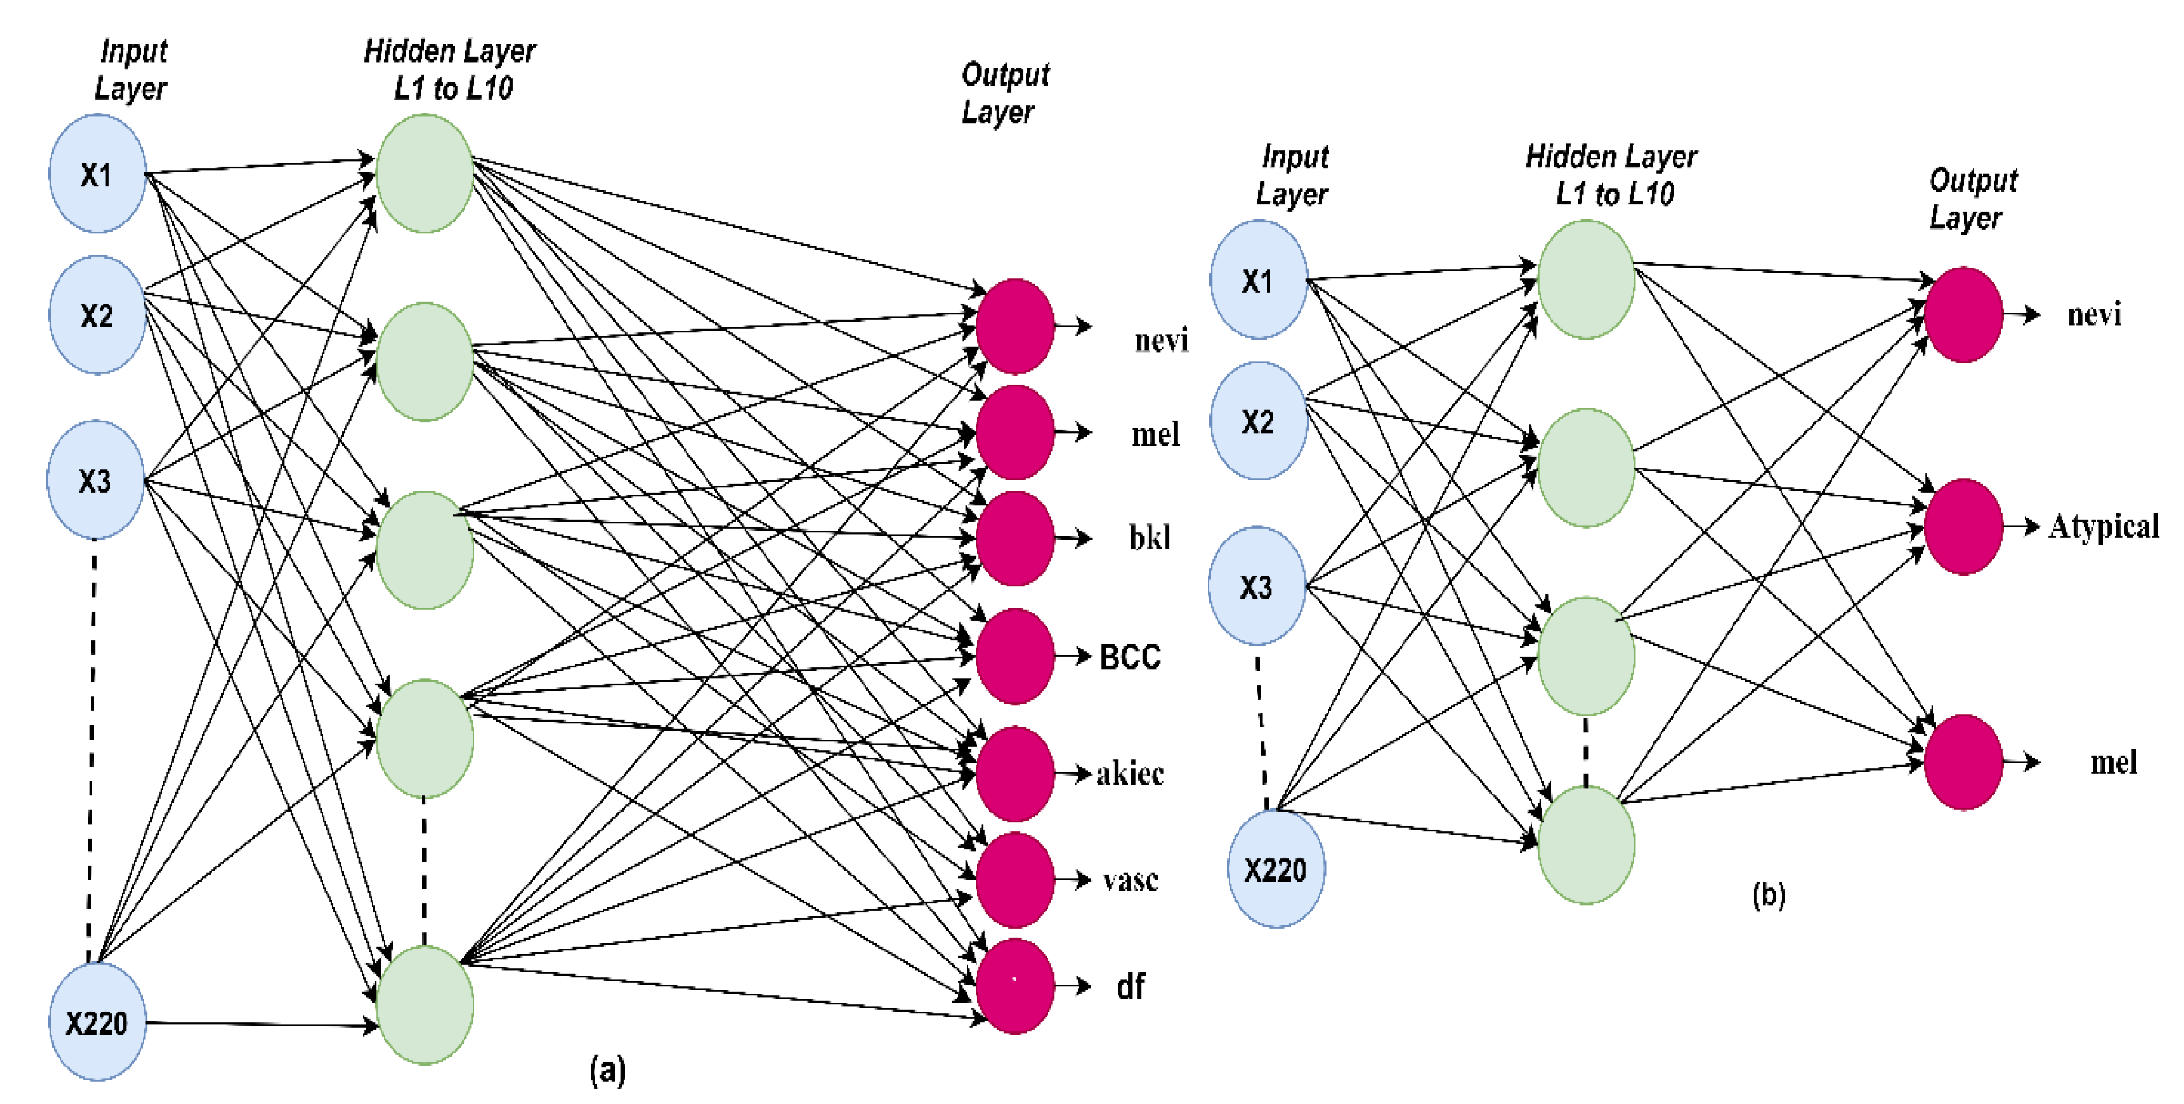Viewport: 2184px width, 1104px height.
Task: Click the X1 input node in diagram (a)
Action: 97,174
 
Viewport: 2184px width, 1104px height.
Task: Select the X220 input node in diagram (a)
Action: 97,1022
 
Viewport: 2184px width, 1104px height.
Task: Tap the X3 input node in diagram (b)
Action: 1256,586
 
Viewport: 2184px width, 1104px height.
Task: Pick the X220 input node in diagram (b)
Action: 1275,869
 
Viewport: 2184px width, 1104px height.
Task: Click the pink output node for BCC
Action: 1014,656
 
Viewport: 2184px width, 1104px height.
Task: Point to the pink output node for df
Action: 1014,985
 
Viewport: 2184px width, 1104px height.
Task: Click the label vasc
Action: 1129,880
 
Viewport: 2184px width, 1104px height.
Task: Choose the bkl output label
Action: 1150,537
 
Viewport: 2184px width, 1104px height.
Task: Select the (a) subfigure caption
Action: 607,1070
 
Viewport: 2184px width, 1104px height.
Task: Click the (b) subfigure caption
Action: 1769,894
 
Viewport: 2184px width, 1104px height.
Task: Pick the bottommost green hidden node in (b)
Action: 1585,844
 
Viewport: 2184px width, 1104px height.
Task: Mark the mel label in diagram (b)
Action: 2113,762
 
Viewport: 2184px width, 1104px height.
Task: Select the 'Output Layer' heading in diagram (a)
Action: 1004,94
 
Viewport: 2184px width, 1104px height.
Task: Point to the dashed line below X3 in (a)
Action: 92,746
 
